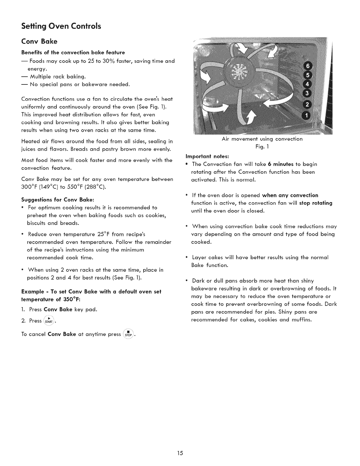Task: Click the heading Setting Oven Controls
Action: [61, 26]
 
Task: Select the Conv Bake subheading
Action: [39, 41]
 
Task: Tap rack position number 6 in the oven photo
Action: [306, 65]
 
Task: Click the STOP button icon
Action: [129, 334]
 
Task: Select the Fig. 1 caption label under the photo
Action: [262, 147]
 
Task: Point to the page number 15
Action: [180, 453]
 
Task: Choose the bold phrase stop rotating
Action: [316, 203]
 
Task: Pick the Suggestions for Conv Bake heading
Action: [58, 200]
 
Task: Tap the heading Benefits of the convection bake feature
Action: [73, 52]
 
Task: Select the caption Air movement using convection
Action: [262, 139]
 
